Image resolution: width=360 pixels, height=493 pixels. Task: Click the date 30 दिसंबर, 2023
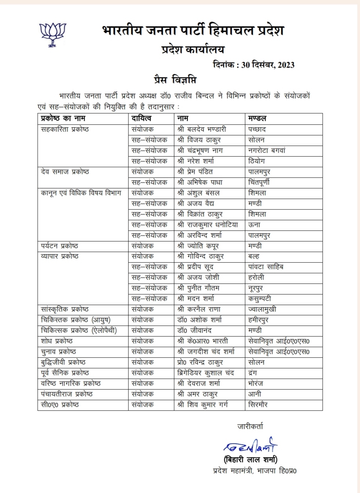click(268, 65)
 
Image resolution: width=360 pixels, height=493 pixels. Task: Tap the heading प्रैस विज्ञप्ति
click(175, 80)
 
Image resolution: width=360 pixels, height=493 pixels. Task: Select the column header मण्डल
click(257, 118)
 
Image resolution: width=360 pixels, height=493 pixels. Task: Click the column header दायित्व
click(142, 118)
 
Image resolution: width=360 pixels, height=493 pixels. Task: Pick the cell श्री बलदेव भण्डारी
click(202, 129)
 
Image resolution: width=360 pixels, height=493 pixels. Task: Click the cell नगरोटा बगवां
click(267, 150)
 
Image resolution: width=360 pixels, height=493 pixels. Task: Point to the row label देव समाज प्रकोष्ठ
click(65, 172)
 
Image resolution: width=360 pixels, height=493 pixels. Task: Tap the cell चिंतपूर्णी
click(259, 182)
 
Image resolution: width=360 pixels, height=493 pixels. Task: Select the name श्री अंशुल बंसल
click(198, 193)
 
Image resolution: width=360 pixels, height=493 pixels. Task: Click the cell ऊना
click(254, 225)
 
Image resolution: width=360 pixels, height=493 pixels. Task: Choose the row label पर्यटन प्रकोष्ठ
click(59, 246)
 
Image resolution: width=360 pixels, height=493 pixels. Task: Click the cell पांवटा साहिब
click(266, 267)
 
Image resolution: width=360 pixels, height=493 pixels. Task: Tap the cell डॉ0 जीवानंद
click(194, 331)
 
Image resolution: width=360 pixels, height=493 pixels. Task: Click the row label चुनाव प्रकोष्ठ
click(59, 352)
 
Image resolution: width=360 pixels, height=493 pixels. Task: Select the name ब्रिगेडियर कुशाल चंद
click(206, 373)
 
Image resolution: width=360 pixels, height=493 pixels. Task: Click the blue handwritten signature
click(251, 446)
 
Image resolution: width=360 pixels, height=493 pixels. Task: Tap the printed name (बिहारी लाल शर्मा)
click(250, 460)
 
